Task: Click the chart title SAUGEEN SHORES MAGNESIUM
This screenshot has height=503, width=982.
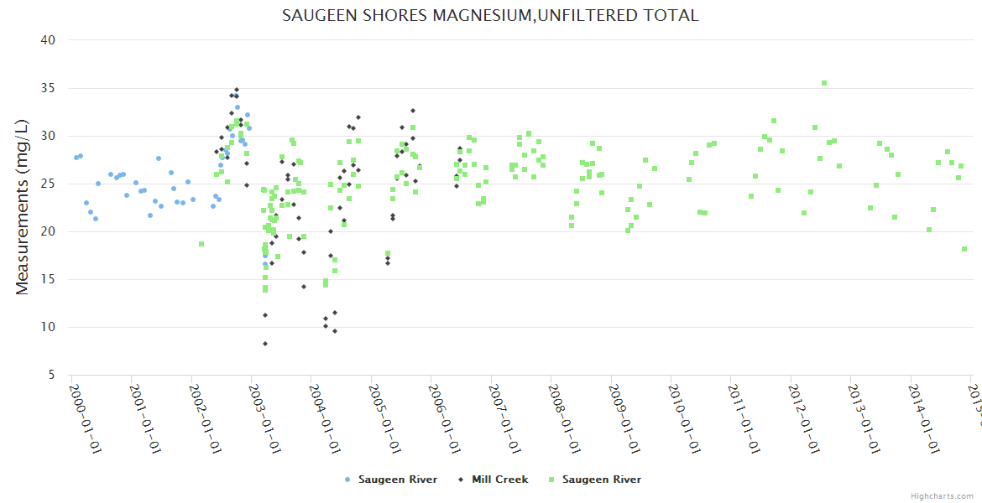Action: [x=490, y=15]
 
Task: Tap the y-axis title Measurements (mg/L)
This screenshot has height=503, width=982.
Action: [x=23, y=207]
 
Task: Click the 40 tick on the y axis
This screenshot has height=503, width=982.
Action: [x=48, y=39]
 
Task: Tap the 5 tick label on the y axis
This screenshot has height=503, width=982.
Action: [x=51, y=375]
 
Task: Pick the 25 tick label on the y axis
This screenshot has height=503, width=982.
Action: [x=48, y=184]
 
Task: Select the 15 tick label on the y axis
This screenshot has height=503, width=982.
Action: [x=48, y=279]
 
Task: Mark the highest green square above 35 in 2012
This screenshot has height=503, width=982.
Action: [x=824, y=83]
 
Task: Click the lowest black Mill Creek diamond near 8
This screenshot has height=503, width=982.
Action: [x=265, y=344]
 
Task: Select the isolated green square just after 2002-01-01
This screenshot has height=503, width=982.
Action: [x=201, y=244]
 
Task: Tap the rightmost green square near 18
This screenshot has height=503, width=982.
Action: [x=964, y=249]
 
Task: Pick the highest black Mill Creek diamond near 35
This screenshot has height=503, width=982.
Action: [x=237, y=90]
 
